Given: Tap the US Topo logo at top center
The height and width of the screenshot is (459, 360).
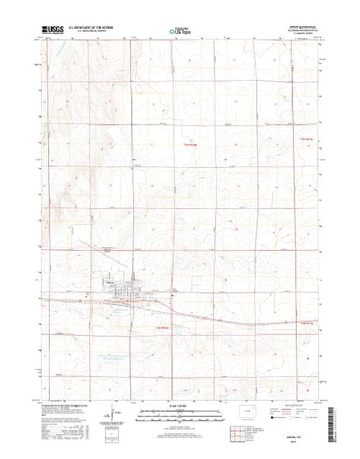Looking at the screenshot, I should [180, 32].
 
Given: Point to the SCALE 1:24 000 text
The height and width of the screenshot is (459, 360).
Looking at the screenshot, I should [179, 407].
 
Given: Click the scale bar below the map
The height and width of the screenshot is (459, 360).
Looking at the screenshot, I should [179, 414].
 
